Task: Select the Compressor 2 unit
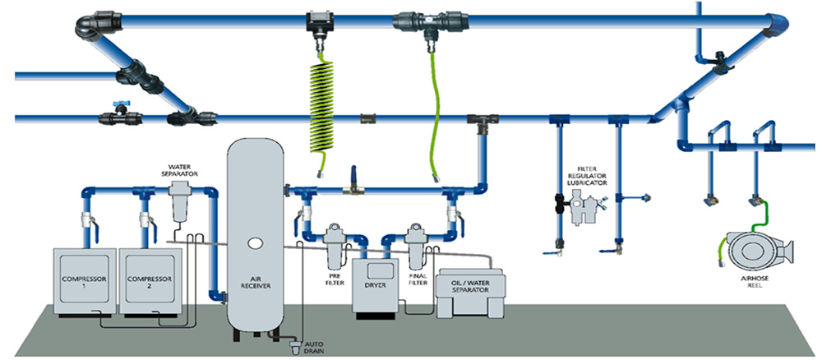[x=151, y=281]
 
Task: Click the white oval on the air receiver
[x=256, y=242]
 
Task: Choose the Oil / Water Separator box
[x=470, y=293]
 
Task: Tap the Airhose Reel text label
[x=753, y=283]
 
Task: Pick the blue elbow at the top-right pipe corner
[x=778, y=24]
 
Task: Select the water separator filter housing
[x=179, y=201]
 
